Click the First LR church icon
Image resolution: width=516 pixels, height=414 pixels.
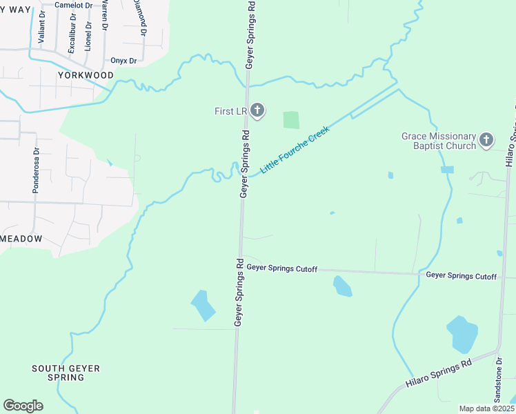pyautogui.click(x=257, y=110)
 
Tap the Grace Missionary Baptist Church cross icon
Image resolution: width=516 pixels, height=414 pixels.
pyautogui.click(x=486, y=141)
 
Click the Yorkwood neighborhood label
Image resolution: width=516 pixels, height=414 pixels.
pyautogui.click(x=86, y=75)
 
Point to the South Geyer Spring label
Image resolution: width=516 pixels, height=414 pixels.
pyautogui.click(x=66, y=373)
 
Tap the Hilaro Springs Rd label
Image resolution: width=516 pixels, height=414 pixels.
pyautogui.click(x=438, y=372)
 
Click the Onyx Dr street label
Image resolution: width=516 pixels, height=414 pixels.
pyautogui.click(x=123, y=61)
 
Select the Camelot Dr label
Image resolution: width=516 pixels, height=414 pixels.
pyautogui.click(x=72, y=5)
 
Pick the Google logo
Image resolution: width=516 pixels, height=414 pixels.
pyautogui.click(x=23, y=406)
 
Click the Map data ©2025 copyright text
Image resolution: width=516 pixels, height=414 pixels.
pyautogui.click(x=486, y=408)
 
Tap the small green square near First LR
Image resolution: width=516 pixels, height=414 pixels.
pyautogui.click(x=292, y=119)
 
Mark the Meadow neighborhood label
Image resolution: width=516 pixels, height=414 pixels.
pyautogui.click(x=21, y=239)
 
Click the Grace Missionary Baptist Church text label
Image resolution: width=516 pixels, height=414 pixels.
pyautogui.click(x=439, y=141)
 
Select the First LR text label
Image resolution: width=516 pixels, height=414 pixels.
pyautogui.click(x=229, y=111)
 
